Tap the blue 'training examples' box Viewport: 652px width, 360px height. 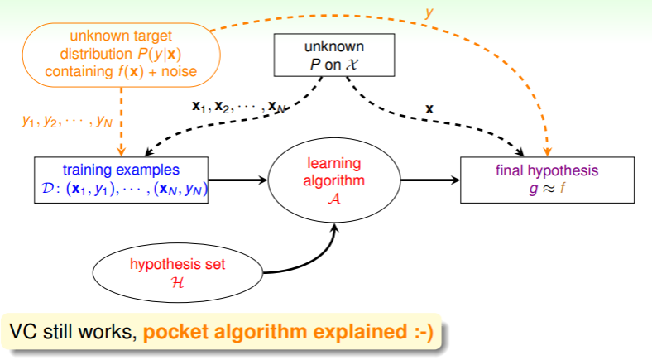(x=122, y=180)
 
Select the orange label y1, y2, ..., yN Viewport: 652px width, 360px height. (x=67, y=121)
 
